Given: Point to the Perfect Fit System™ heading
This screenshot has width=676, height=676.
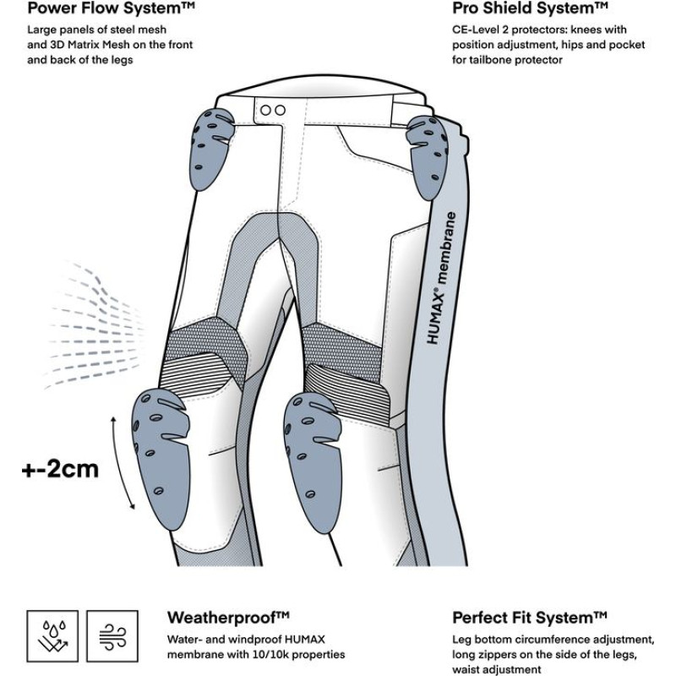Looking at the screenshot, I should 530,617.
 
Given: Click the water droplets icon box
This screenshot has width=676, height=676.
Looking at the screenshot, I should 52,636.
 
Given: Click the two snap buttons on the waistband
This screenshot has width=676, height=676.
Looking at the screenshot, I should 271,110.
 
